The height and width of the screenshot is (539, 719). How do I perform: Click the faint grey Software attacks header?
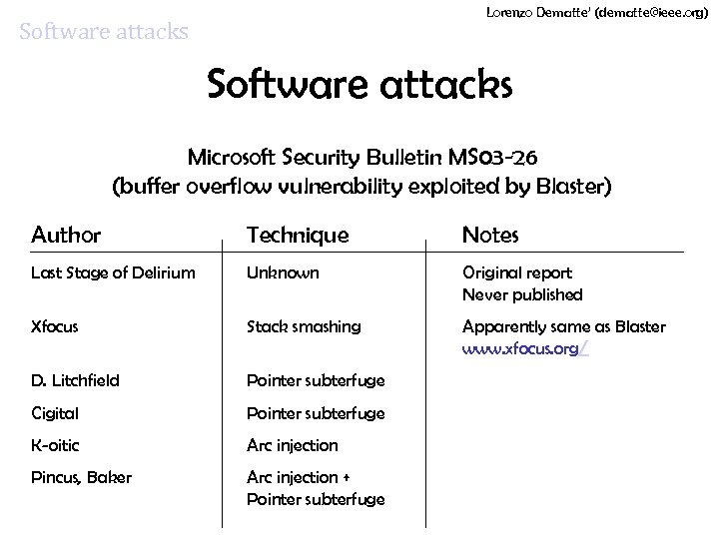coord(104,32)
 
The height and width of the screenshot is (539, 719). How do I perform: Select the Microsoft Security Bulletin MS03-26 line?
coord(365,158)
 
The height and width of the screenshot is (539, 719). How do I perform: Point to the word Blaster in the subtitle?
coord(569,187)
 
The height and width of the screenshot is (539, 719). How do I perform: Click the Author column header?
coord(66,236)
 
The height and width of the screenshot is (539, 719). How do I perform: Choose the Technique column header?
coord(298,236)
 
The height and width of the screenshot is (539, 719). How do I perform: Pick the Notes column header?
coord(490,236)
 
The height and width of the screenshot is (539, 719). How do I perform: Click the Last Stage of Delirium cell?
coord(113,272)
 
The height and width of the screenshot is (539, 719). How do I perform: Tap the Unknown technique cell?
coord(284,272)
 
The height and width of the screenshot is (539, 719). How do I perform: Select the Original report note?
coord(516,272)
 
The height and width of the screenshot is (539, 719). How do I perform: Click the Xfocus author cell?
coord(55,326)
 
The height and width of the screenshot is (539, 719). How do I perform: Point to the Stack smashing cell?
coord(304,326)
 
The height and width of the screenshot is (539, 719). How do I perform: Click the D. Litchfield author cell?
coord(76,380)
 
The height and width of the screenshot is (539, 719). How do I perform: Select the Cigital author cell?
coord(55,413)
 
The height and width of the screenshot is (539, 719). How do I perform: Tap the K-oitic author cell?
coord(56,445)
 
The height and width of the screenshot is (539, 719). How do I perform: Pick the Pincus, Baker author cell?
coord(81,477)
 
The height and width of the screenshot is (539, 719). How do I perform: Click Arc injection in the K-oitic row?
coord(293,445)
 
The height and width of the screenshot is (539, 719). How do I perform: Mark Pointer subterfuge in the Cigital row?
coord(316,413)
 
